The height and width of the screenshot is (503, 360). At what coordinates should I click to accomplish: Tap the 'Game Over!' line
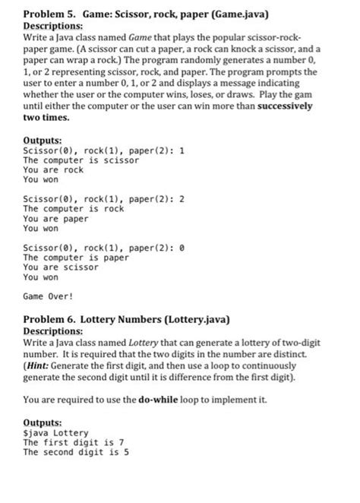click(49, 297)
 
